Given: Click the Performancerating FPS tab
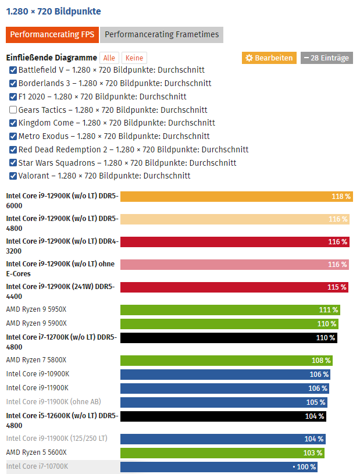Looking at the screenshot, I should [x=52, y=34].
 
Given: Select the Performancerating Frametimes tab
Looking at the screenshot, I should [x=161, y=34].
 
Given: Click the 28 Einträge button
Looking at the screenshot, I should [x=326, y=58].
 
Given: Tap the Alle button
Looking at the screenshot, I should [x=109, y=58].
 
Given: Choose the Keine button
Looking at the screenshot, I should [x=134, y=58].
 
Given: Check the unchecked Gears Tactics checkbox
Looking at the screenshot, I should [x=13, y=110].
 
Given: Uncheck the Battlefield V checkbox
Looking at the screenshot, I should [x=13, y=70].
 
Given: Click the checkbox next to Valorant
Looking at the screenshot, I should [x=13, y=176].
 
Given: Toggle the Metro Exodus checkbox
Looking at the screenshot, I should [x=13, y=136].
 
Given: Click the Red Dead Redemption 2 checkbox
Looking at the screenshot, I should [x=13, y=149].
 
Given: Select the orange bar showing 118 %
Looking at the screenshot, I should [x=236, y=197].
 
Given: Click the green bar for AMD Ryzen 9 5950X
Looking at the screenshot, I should [x=230, y=310].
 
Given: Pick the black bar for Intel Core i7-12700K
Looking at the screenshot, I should [x=229, y=338].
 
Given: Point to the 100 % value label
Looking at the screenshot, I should [x=306, y=467].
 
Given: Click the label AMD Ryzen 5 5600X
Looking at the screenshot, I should [x=36, y=452].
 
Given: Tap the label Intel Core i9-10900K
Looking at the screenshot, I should [x=37, y=374].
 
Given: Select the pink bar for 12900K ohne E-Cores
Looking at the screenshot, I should [x=234, y=265].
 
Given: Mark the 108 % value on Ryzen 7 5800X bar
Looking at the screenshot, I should [x=321, y=361].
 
